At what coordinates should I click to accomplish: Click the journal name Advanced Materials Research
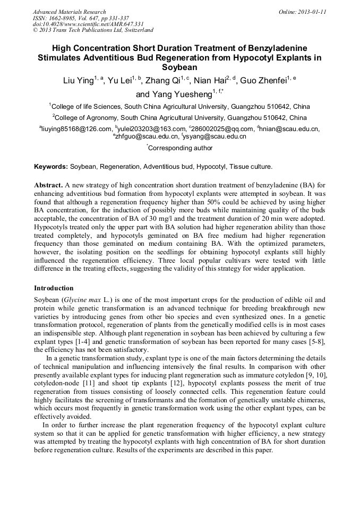point(69,12)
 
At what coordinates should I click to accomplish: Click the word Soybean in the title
point(179,67)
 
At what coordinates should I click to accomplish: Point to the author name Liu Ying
point(78,81)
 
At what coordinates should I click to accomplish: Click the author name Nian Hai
point(209,81)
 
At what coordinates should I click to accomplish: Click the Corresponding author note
point(181,148)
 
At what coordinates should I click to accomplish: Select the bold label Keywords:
point(51,167)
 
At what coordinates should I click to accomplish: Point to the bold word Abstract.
point(48,185)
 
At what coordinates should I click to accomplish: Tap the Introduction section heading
point(54,288)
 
